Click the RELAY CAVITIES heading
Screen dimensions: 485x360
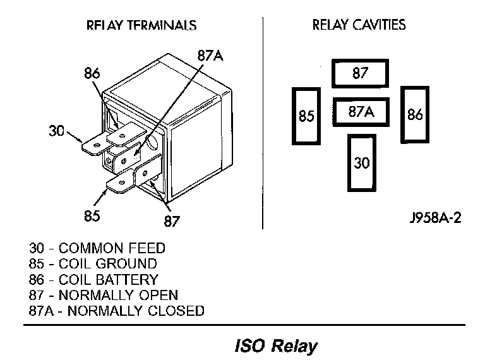[359, 25]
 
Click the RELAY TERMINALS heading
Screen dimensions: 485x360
[141, 25]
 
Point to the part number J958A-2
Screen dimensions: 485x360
[436, 218]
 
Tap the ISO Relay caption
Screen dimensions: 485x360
[276, 345]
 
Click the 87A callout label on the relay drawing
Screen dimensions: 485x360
[210, 56]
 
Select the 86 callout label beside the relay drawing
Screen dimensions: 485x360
[92, 74]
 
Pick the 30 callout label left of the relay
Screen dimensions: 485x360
[56, 131]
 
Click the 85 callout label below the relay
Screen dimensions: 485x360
[92, 215]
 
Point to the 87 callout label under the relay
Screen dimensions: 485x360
[172, 221]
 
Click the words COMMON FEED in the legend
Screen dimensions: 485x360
[112, 248]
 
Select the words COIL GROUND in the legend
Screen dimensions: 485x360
[108, 263]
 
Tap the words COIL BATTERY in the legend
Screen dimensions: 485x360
[109, 280]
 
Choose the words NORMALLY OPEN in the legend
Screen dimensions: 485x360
[119, 295]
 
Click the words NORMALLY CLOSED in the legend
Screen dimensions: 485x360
[136, 311]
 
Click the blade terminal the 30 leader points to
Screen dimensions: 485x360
[95, 145]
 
